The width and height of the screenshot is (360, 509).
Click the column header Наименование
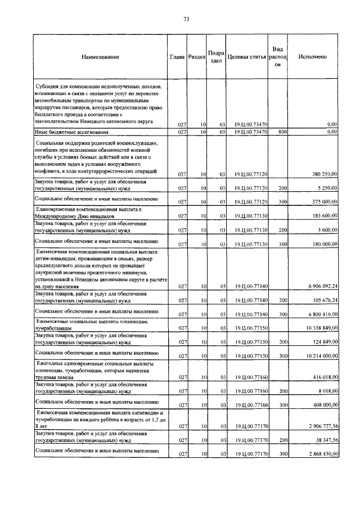(100, 57)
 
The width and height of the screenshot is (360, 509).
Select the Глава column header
(178, 57)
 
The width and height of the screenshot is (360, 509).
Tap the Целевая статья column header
(247, 57)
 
